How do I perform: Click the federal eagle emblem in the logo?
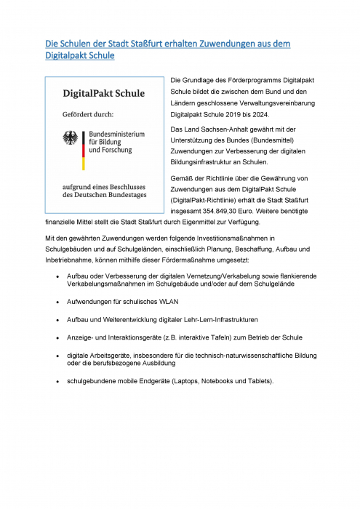[71, 137]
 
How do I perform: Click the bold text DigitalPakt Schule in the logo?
[103, 94]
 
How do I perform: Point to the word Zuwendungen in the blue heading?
[231, 44]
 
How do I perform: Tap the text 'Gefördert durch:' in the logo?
[87, 114]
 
